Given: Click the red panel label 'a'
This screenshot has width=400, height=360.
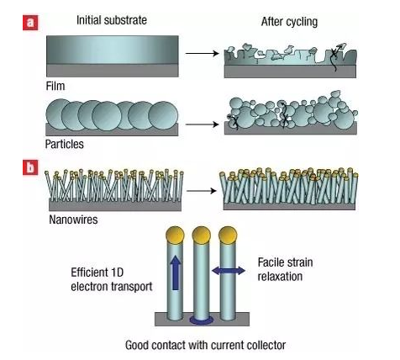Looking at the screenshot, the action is [x=30, y=23].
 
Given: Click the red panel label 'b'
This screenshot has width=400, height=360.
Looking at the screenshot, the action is [x=30, y=167].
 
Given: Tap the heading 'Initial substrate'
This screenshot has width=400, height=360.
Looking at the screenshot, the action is [x=112, y=20].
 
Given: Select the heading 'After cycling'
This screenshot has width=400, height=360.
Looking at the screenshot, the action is [x=289, y=22].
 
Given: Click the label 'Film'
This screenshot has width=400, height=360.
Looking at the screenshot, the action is [x=55, y=86].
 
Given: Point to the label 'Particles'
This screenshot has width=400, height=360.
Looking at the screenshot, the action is [x=65, y=144].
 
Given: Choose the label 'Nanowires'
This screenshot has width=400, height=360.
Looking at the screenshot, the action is [x=73, y=220].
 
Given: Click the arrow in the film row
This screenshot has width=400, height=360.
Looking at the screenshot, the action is [x=202, y=53].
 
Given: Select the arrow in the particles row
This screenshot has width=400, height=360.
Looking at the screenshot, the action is [x=202, y=124].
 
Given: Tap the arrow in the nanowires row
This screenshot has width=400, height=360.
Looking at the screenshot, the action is [x=202, y=191].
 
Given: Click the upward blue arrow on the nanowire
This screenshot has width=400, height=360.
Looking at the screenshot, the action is [x=176, y=273].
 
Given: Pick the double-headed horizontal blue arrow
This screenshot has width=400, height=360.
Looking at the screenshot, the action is [x=229, y=271].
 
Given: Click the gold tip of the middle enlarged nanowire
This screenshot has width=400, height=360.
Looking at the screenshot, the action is [x=201, y=235].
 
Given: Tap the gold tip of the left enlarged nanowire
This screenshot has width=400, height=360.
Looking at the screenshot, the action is [x=175, y=235].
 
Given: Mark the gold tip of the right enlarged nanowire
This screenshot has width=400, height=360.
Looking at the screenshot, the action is [x=228, y=235].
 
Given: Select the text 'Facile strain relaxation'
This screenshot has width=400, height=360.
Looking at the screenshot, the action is [x=285, y=269].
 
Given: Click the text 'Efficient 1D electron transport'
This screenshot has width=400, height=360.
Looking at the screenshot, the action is [x=112, y=279].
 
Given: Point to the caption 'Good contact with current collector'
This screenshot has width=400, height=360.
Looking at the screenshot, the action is [x=205, y=345].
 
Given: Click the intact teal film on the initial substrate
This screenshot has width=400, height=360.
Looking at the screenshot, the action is [x=113, y=50].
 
